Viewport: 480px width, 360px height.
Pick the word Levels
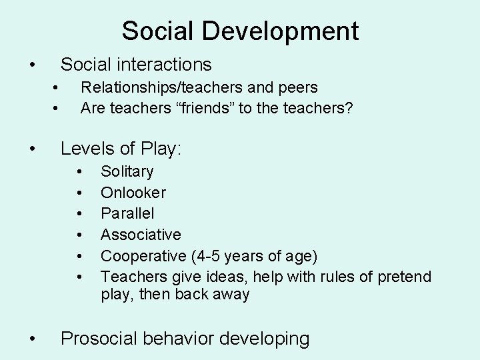click(x=86, y=149)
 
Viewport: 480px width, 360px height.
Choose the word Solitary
click(x=127, y=172)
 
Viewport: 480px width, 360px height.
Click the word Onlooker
click(x=133, y=193)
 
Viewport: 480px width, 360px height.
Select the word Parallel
click(x=127, y=214)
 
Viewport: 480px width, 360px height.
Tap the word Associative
click(x=141, y=235)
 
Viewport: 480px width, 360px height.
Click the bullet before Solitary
click(x=79, y=172)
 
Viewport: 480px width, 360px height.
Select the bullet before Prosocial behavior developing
click(x=32, y=339)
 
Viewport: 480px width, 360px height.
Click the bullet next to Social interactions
click(x=32, y=65)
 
